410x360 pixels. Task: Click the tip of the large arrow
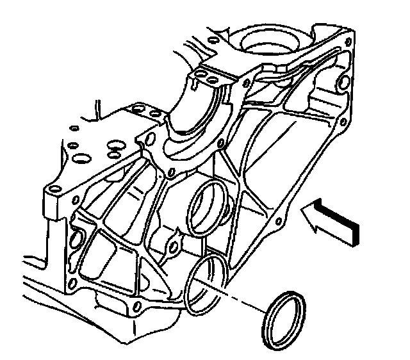[303, 218]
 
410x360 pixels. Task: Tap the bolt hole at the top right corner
[348, 42]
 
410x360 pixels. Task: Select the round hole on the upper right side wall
[341, 81]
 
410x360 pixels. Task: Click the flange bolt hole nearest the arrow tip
[276, 222]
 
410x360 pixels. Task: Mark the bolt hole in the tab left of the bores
[172, 247]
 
